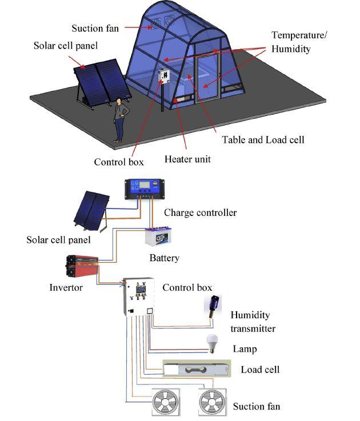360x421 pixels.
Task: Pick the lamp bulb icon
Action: (x=213, y=343)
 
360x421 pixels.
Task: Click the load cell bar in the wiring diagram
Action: (x=197, y=370)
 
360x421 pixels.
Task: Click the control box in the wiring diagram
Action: (x=140, y=296)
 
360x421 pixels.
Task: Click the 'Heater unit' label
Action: (x=187, y=159)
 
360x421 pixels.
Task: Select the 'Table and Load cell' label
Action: (x=263, y=139)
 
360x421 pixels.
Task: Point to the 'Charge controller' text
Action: (x=200, y=212)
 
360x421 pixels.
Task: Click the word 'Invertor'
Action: (x=66, y=287)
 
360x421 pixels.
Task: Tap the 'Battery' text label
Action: (x=164, y=258)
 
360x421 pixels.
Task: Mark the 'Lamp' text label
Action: (x=245, y=348)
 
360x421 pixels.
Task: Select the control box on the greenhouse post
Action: (x=165, y=77)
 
